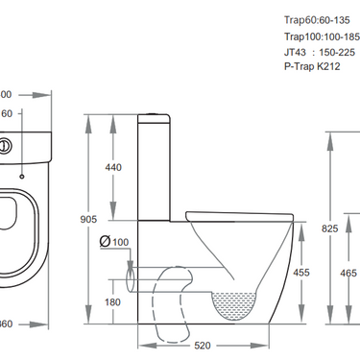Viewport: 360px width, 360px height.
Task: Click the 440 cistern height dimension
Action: pos(112,167)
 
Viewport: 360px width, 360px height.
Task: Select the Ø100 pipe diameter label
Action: pos(114,241)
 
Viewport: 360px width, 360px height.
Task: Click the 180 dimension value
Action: pos(112,302)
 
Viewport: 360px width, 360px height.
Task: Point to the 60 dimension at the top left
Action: pos(6,113)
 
